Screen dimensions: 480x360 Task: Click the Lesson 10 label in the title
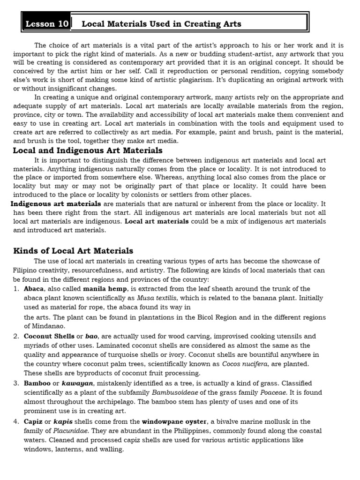[x=47, y=23]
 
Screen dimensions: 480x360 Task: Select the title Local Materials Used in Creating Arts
[x=161, y=24]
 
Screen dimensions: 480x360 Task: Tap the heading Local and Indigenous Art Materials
[x=88, y=150]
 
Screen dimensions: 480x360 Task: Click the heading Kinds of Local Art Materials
[x=73, y=251]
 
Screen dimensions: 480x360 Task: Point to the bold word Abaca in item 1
[x=34, y=289]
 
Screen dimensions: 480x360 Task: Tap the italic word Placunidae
[x=70, y=431]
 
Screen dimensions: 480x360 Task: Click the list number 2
[x=16, y=336]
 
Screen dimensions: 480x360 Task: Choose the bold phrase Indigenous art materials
[x=55, y=204]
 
